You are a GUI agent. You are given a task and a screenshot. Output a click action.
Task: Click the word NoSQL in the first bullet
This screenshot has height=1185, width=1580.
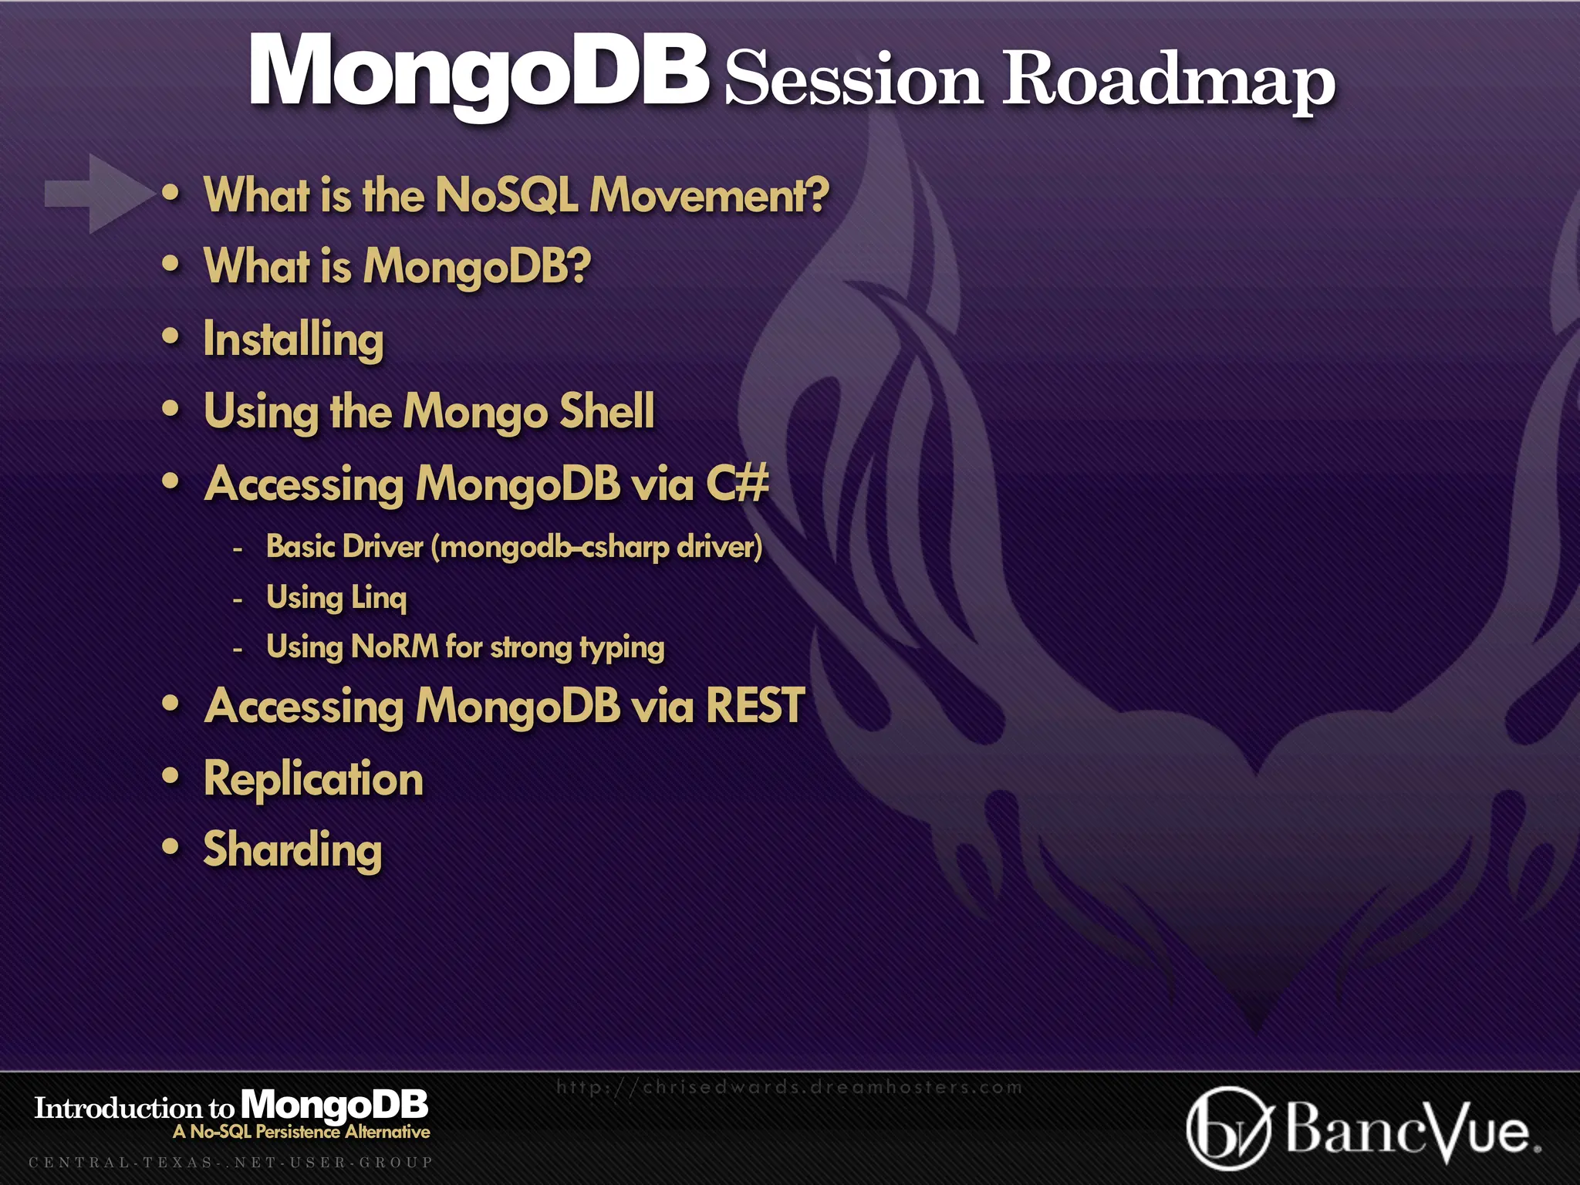pos(506,194)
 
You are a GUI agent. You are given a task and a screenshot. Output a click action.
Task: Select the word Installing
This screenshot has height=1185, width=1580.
pos(293,339)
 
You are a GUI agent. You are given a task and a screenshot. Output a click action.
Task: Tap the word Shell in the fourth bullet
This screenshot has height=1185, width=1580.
pos(606,410)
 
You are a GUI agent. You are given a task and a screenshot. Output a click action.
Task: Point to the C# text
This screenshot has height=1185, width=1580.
pos(738,484)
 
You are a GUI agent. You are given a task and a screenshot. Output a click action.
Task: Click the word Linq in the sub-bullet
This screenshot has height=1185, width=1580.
pos(378,597)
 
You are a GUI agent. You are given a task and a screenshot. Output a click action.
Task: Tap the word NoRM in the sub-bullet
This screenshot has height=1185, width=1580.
pos(394,647)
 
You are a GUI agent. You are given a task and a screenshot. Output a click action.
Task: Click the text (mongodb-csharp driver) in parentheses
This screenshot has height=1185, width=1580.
pos(596,547)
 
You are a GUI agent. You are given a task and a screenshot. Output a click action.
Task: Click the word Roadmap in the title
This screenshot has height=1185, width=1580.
pos(1168,79)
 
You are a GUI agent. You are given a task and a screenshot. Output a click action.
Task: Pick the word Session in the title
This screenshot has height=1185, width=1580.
pos(853,79)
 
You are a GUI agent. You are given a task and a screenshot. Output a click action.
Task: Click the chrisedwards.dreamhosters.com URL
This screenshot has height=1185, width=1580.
pos(789,1087)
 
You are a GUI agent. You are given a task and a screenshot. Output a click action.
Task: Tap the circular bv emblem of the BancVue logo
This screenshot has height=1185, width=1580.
pos(1227,1128)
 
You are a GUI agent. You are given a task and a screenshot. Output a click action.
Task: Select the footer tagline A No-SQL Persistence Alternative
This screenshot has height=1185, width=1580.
pos(301,1132)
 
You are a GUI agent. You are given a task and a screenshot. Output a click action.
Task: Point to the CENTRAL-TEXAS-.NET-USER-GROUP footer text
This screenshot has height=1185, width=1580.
pos(231,1162)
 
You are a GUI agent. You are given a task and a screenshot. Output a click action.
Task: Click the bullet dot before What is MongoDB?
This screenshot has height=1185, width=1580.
pos(171,265)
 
